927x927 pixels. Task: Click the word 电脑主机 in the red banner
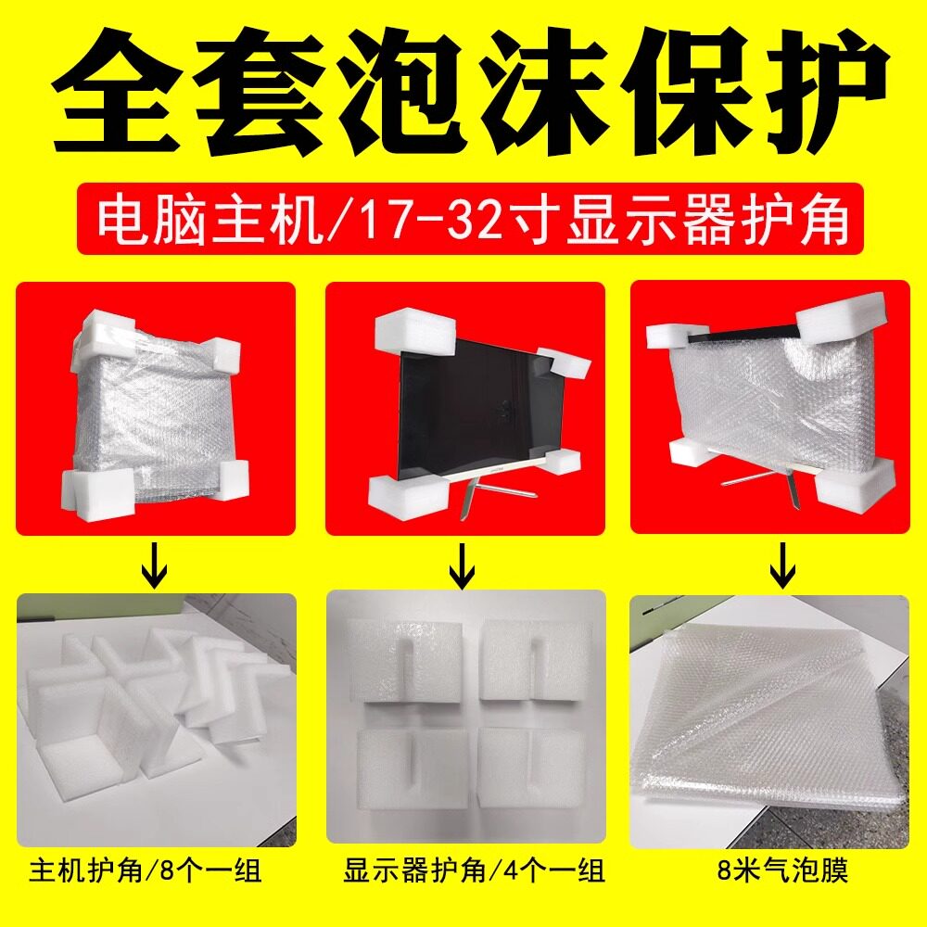click(x=210, y=220)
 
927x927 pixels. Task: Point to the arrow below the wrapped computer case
click(x=155, y=565)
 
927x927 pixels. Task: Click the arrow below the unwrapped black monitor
click(x=462, y=565)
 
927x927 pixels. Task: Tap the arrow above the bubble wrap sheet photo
click(x=782, y=565)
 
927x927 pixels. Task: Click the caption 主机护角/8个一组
click(x=146, y=871)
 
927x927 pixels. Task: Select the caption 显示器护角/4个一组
click(x=474, y=871)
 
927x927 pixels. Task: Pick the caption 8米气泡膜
click(x=782, y=870)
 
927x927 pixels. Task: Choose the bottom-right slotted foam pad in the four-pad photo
click(x=532, y=768)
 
